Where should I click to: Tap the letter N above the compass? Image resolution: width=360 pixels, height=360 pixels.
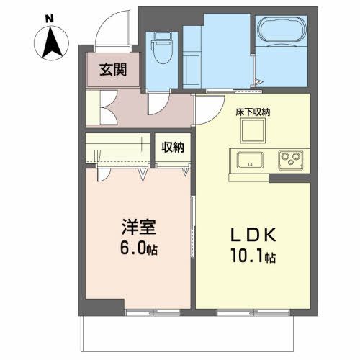(x=48, y=16)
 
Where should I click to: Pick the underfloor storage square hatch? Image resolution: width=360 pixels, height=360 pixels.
(x=253, y=131)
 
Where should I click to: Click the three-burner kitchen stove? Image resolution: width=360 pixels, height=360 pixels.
(x=292, y=160)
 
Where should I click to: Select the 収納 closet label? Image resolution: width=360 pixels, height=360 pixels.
(x=173, y=148)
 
